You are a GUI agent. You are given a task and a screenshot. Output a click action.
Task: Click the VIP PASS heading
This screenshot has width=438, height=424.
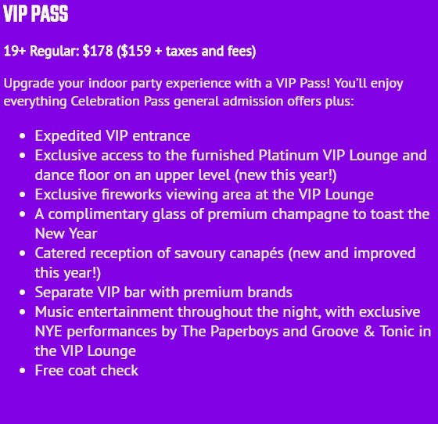coord(36,13)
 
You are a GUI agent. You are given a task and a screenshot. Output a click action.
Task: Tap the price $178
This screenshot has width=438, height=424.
coord(98,51)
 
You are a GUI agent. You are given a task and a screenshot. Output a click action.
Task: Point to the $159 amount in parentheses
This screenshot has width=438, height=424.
coord(136,51)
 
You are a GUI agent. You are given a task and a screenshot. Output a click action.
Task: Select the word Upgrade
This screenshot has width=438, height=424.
coord(29,84)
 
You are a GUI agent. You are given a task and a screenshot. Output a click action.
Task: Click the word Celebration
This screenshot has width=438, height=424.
coord(105,101)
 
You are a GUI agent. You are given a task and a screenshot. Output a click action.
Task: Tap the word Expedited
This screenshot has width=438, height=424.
coord(68,136)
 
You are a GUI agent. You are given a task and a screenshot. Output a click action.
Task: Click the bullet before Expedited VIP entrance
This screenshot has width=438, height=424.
coord(23,136)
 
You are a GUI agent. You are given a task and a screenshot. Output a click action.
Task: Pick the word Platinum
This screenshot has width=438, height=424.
coord(289,156)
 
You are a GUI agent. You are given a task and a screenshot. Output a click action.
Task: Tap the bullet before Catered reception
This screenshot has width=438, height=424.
coord(23,253)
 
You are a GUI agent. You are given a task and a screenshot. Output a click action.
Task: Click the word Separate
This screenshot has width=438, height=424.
coord(64,293)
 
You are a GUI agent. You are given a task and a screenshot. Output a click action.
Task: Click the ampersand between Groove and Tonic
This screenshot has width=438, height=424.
coord(368,332)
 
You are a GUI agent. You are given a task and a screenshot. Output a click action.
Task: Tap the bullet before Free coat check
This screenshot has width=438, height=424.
coord(23,371)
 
